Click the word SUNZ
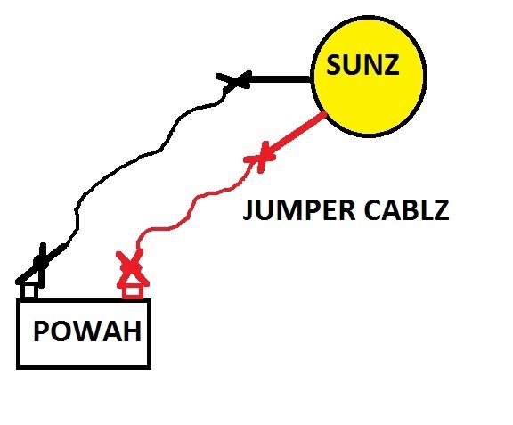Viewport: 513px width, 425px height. tap(362, 65)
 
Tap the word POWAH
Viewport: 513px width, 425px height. tap(87, 331)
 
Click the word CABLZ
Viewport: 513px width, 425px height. tap(406, 209)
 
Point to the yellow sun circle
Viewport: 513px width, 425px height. tap(369, 76)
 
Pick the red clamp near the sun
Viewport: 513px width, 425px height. tap(261, 157)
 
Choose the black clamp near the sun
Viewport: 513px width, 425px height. tap(235, 79)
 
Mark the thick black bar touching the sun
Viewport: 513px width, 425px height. tap(280, 79)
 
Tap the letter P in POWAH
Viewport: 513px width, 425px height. tap(41, 331)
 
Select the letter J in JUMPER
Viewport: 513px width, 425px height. tap(248, 210)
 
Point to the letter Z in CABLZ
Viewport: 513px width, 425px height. tap(440, 209)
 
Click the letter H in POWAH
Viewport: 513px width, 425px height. tap(133, 331)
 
